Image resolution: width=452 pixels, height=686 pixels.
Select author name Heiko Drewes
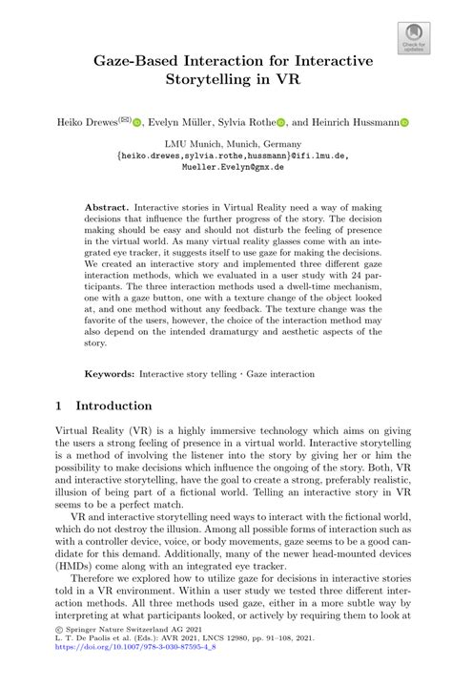[85, 122]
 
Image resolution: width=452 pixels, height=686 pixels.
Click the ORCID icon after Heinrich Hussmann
[404, 122]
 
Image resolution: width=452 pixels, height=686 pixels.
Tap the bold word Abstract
[106, 206]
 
